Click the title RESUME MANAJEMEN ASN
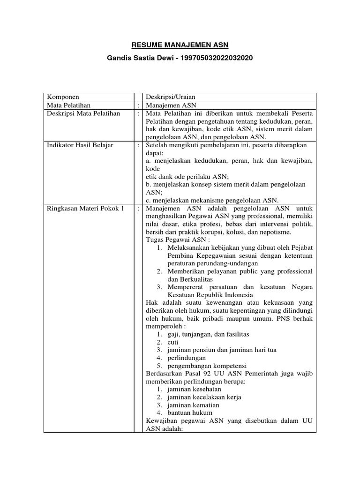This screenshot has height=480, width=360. tap(180, 45)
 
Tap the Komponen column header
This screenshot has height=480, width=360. tap(63, 97)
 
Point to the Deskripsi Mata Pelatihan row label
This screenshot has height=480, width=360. tap(83, 113)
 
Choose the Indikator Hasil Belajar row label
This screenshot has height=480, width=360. tap(80, 145)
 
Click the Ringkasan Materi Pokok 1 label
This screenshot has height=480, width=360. tap(84, 209)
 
